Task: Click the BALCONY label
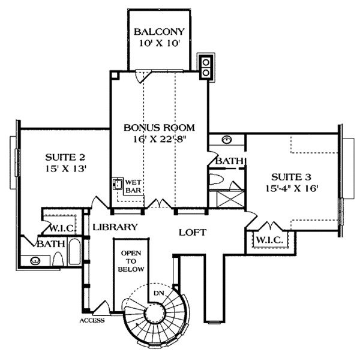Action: [x=159, y=32]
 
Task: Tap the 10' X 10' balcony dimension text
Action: [x=159, y=43]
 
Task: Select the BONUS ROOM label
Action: [x=160, y=127]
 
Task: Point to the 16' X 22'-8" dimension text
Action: [x=160, y=139]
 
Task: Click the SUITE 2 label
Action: [x=61, y=157]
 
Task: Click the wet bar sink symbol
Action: [x=118, y=184]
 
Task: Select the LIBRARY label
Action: [x=115, y=227]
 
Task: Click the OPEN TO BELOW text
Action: [x=130, y=261]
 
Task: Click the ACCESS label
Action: [x=92, y=320]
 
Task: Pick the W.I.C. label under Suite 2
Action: [x=61, y=228]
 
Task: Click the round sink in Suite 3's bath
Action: [x=227, y=140]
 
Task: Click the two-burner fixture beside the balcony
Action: [x=206, y=67]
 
